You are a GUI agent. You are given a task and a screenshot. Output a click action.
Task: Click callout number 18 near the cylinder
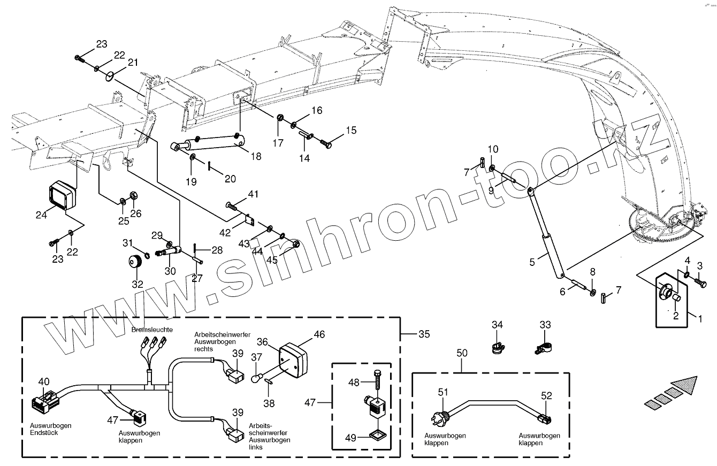256,157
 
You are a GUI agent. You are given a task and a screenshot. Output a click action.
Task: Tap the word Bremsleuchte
152,330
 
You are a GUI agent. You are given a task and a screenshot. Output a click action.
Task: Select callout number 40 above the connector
44,381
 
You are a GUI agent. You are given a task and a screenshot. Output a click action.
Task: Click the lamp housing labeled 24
60,196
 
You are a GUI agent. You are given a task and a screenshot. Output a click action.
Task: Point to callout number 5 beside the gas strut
532,262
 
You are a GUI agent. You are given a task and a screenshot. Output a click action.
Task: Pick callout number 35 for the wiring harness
424,334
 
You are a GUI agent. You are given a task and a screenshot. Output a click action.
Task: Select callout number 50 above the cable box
462,353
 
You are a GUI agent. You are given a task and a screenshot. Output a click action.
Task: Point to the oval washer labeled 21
109,75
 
